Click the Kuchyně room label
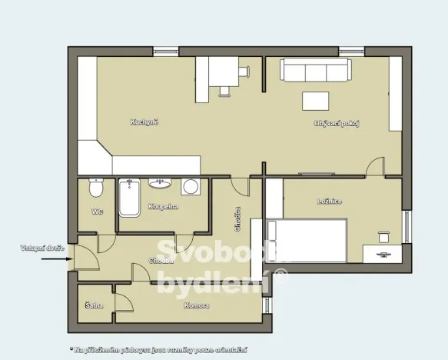tap(144, 122)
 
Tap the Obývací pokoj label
tap(337, 123)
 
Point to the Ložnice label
tap(330, 202)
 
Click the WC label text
tap(97, 211)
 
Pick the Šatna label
tap(95, 305)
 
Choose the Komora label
tap(197, 305)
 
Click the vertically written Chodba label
tap(238, 220)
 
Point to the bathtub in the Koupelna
tap(128, 198)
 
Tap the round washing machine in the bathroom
tap(190, 187)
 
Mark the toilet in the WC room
tap(97, 188)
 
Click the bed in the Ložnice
tap(306, 239)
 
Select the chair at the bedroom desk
tap(383, 236)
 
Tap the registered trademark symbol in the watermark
tap(281, 275)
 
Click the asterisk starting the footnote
tap(71, 349)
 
